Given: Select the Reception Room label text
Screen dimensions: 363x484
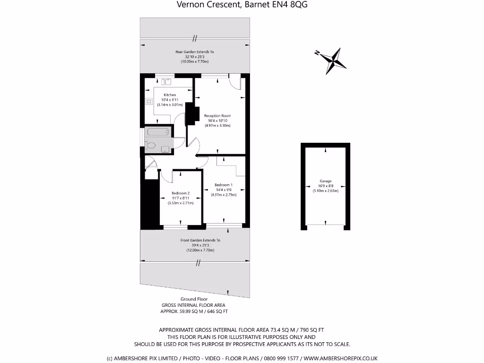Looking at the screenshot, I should click(x=217, y=116).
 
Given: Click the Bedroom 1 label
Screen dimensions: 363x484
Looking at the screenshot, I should click(x=224, y=185).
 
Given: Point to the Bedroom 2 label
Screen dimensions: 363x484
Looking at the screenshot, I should click(x=181, y=193).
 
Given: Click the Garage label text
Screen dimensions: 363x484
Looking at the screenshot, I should click(x=325, y=181).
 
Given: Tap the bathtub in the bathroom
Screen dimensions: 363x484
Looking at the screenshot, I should click(x=158, y=132).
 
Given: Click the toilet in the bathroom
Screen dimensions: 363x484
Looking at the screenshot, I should click(x=151, y=146).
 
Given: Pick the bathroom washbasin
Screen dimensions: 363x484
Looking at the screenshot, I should click(x=165, y=149).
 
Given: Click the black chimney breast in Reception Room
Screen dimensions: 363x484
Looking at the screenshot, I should click(x=191, y=115).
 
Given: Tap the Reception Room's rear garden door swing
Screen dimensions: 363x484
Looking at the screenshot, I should click(x=234, y=82).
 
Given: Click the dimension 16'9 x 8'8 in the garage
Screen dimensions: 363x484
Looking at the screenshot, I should click(x=325, y=186).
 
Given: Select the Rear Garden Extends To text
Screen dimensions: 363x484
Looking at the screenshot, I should click(x=194, y=52).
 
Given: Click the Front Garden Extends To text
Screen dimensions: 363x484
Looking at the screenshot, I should click(x=200, y=240).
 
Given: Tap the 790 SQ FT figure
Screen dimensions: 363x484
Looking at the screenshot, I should click(x=310, y=330).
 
